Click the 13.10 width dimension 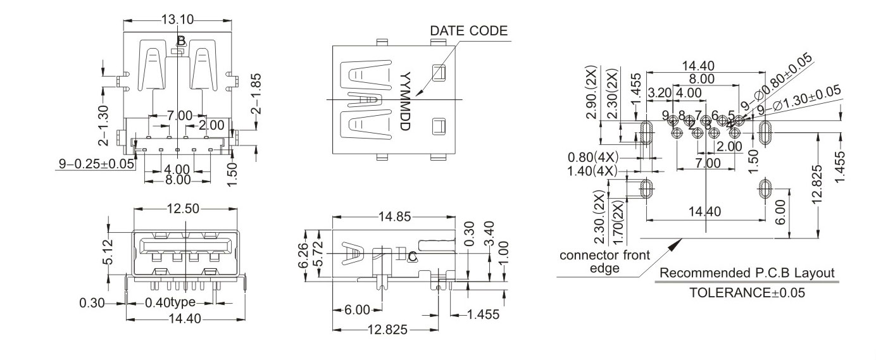coord(177,20)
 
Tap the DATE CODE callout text coord(468,30)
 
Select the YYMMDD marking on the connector coord(406,101)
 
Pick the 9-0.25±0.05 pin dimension coord(97,163)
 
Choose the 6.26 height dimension coord(302,255)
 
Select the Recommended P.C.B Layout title coord(747,273)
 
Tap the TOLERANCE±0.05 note coord(747,293)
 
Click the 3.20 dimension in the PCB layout coord(660,93)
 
